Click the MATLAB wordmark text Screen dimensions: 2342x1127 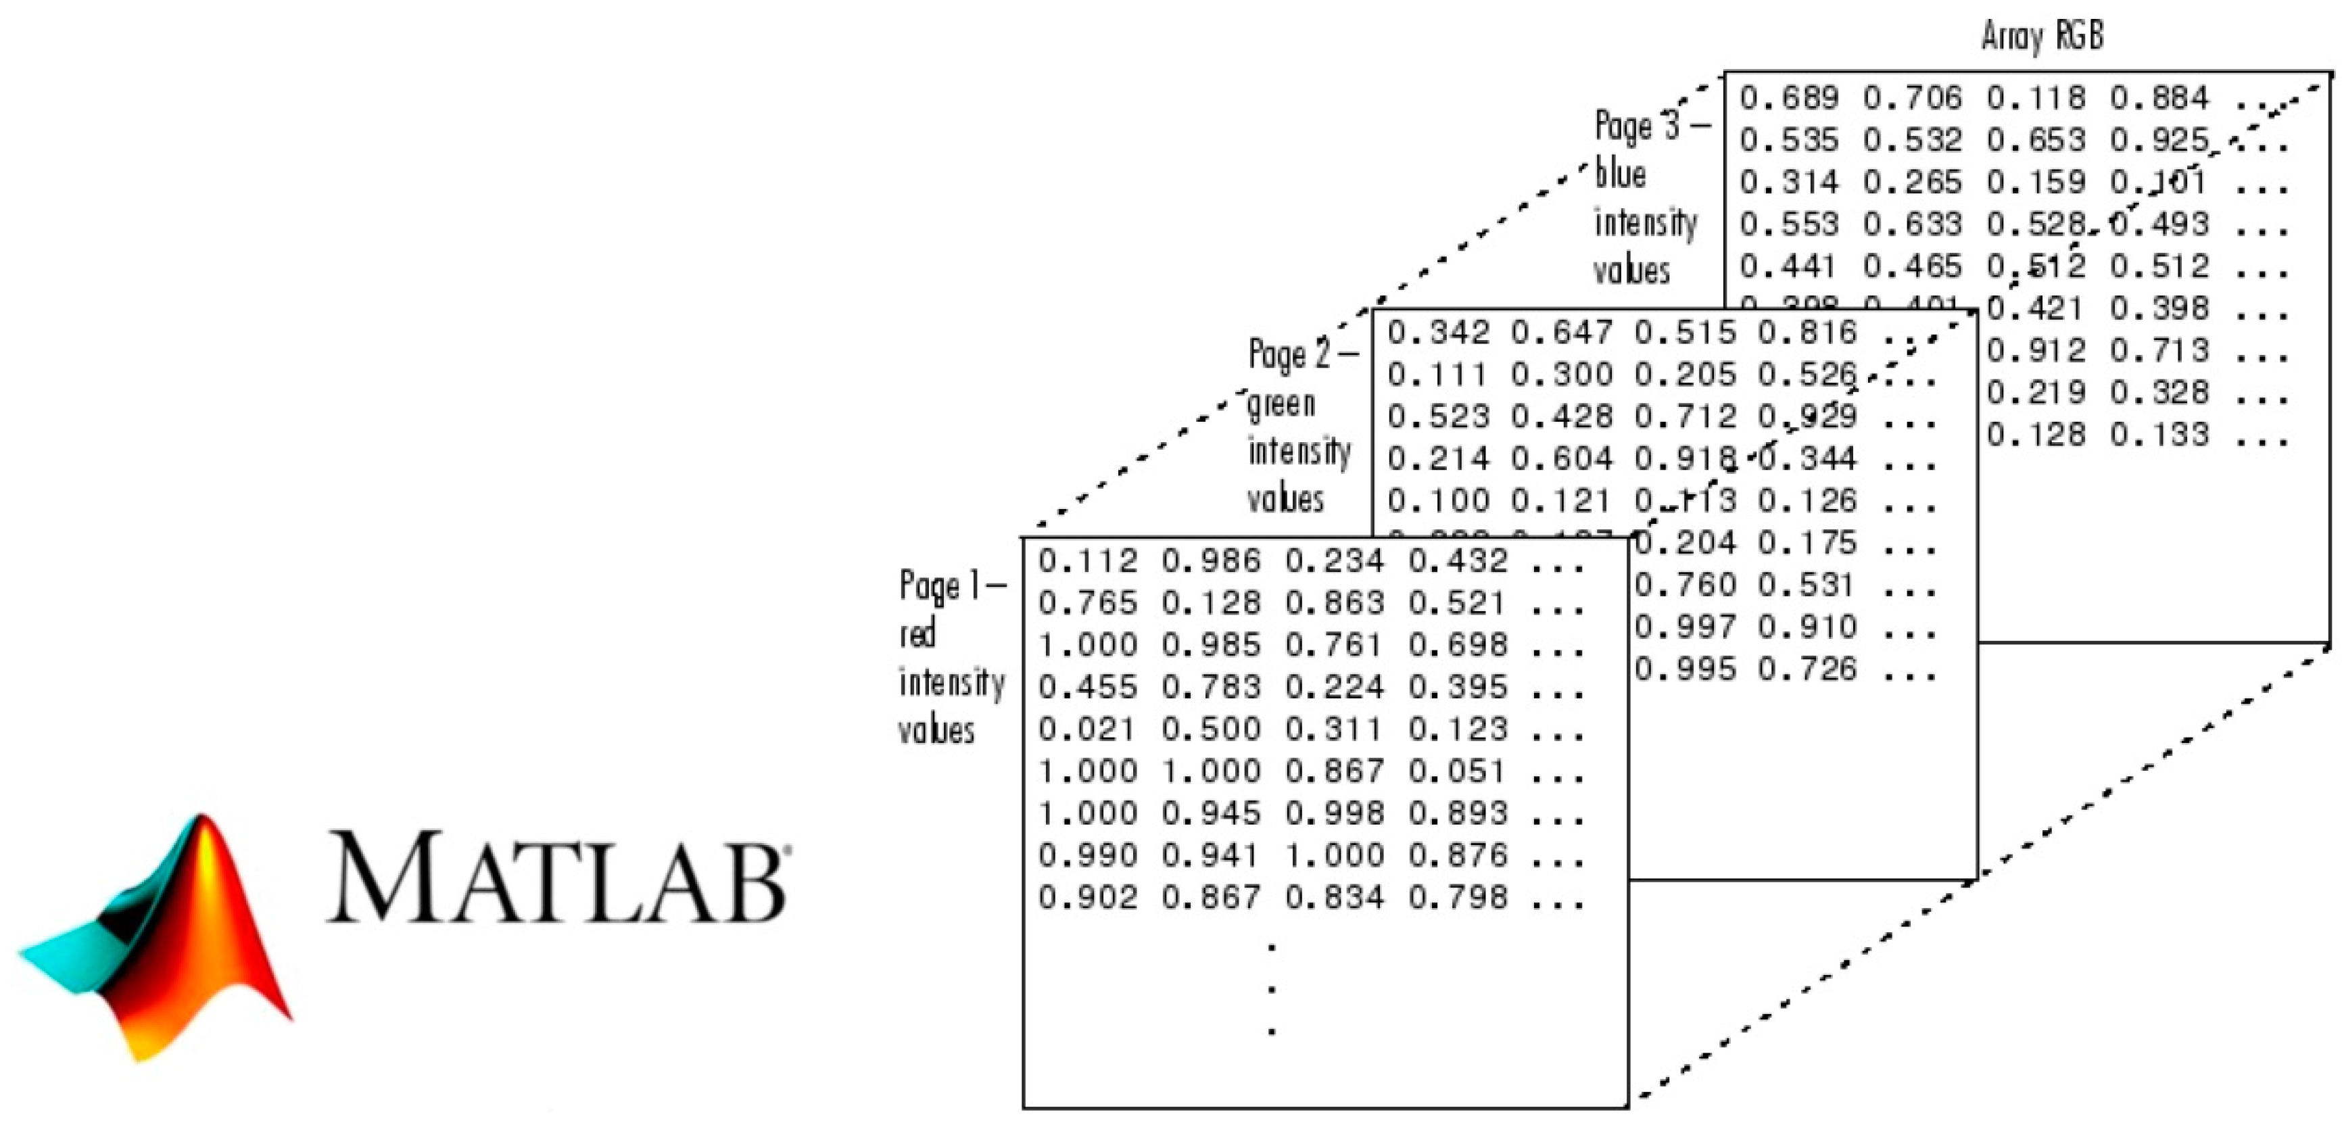(x=556, y=877)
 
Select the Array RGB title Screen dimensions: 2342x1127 (x=2042, y=37)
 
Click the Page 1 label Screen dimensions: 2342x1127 (x=951, y=586)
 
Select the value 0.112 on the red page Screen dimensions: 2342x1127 (x=1087, y=560)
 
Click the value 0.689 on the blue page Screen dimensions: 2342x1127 (x=1788, y=98)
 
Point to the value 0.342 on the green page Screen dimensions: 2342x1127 (x=1437, y=333)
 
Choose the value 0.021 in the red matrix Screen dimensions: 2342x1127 (x=1087, y=729)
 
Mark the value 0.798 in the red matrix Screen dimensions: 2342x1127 (x=1458, y=897)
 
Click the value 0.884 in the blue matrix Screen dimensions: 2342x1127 (x=2158, y=98)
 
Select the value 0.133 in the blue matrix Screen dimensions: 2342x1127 (x=2158, y=435)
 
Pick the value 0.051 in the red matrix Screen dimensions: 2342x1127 (x=1458, y=771)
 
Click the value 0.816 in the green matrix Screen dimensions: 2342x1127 (x=1807, y=333)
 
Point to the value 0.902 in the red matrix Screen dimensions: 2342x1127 (x=1087, y=897)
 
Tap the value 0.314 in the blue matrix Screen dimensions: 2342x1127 (x=1788, y=182)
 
